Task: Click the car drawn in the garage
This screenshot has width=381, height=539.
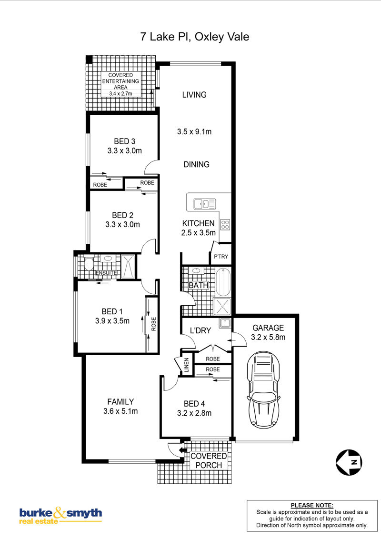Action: point(263,389)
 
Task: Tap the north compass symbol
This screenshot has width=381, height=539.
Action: point(349,462)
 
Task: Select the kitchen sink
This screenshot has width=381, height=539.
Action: point(205,204)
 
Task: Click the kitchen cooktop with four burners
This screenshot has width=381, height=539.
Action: point(225,224)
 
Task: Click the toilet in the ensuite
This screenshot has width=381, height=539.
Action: point(89,264)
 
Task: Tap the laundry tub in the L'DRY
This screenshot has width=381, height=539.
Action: point(225,323)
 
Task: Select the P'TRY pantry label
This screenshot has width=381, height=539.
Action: point(221,257)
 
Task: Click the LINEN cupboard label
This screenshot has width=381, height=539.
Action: point(187,365)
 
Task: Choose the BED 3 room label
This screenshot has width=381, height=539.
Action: point(124,141)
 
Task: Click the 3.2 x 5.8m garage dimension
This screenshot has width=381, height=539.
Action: point(268,337)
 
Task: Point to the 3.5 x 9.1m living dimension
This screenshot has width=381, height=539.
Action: point(194,131)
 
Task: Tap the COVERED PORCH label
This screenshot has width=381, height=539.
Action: point(209,460)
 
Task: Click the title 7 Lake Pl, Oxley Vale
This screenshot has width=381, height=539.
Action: point(195,37)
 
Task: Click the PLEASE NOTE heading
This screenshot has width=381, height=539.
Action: point(312,505)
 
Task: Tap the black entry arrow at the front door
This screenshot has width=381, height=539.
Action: point(181,449)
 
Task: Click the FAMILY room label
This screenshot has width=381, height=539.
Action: point(120,401)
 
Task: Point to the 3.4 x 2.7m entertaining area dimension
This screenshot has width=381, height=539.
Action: point(120,93)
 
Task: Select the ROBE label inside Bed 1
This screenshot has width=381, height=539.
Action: point(153,324)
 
